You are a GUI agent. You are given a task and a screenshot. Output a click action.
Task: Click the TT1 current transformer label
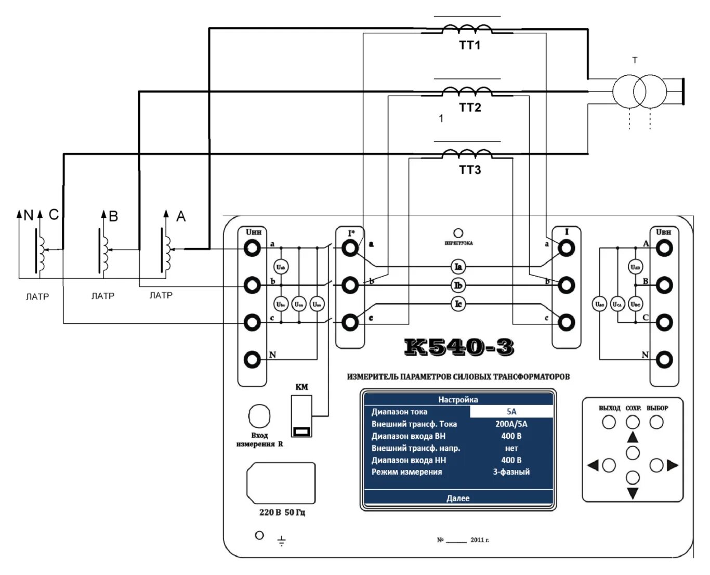(x=469, y=45)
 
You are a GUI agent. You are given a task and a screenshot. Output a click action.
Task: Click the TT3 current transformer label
(x=470, y=170)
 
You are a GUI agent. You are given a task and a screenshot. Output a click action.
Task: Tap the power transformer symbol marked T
(x=639, y=92)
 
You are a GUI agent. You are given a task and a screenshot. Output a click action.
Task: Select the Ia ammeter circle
(x=458, y=267)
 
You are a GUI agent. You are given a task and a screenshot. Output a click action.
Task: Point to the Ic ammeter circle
(x=458, y=304)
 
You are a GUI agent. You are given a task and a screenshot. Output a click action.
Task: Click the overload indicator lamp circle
(x=458, y=233)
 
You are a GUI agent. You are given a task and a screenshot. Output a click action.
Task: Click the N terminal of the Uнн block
(x=253, y=359)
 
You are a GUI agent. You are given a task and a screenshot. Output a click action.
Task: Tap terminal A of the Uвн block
(x=664, y=248)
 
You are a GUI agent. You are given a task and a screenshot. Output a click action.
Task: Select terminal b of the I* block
(x=350, y=285)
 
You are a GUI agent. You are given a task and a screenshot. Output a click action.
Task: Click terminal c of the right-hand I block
(x=566, y=322)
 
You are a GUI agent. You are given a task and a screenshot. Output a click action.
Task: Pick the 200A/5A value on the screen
(x=511, y=424)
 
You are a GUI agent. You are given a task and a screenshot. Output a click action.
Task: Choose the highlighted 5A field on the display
(x=511, y=412)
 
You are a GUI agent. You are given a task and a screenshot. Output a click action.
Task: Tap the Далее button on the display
(x=458, y=498)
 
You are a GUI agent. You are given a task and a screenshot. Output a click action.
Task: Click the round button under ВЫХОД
(x=609, y=422)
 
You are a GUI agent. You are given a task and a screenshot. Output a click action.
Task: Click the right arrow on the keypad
(x=673, y=465)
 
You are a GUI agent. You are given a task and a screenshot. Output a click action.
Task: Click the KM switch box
(x=301, y=416)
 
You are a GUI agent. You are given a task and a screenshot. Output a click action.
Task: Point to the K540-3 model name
(x=459, y=347)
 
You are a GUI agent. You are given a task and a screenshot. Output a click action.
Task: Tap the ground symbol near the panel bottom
(x=281, y=541)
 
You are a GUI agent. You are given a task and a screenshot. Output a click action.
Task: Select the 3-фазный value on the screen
(x=511, y=472)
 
